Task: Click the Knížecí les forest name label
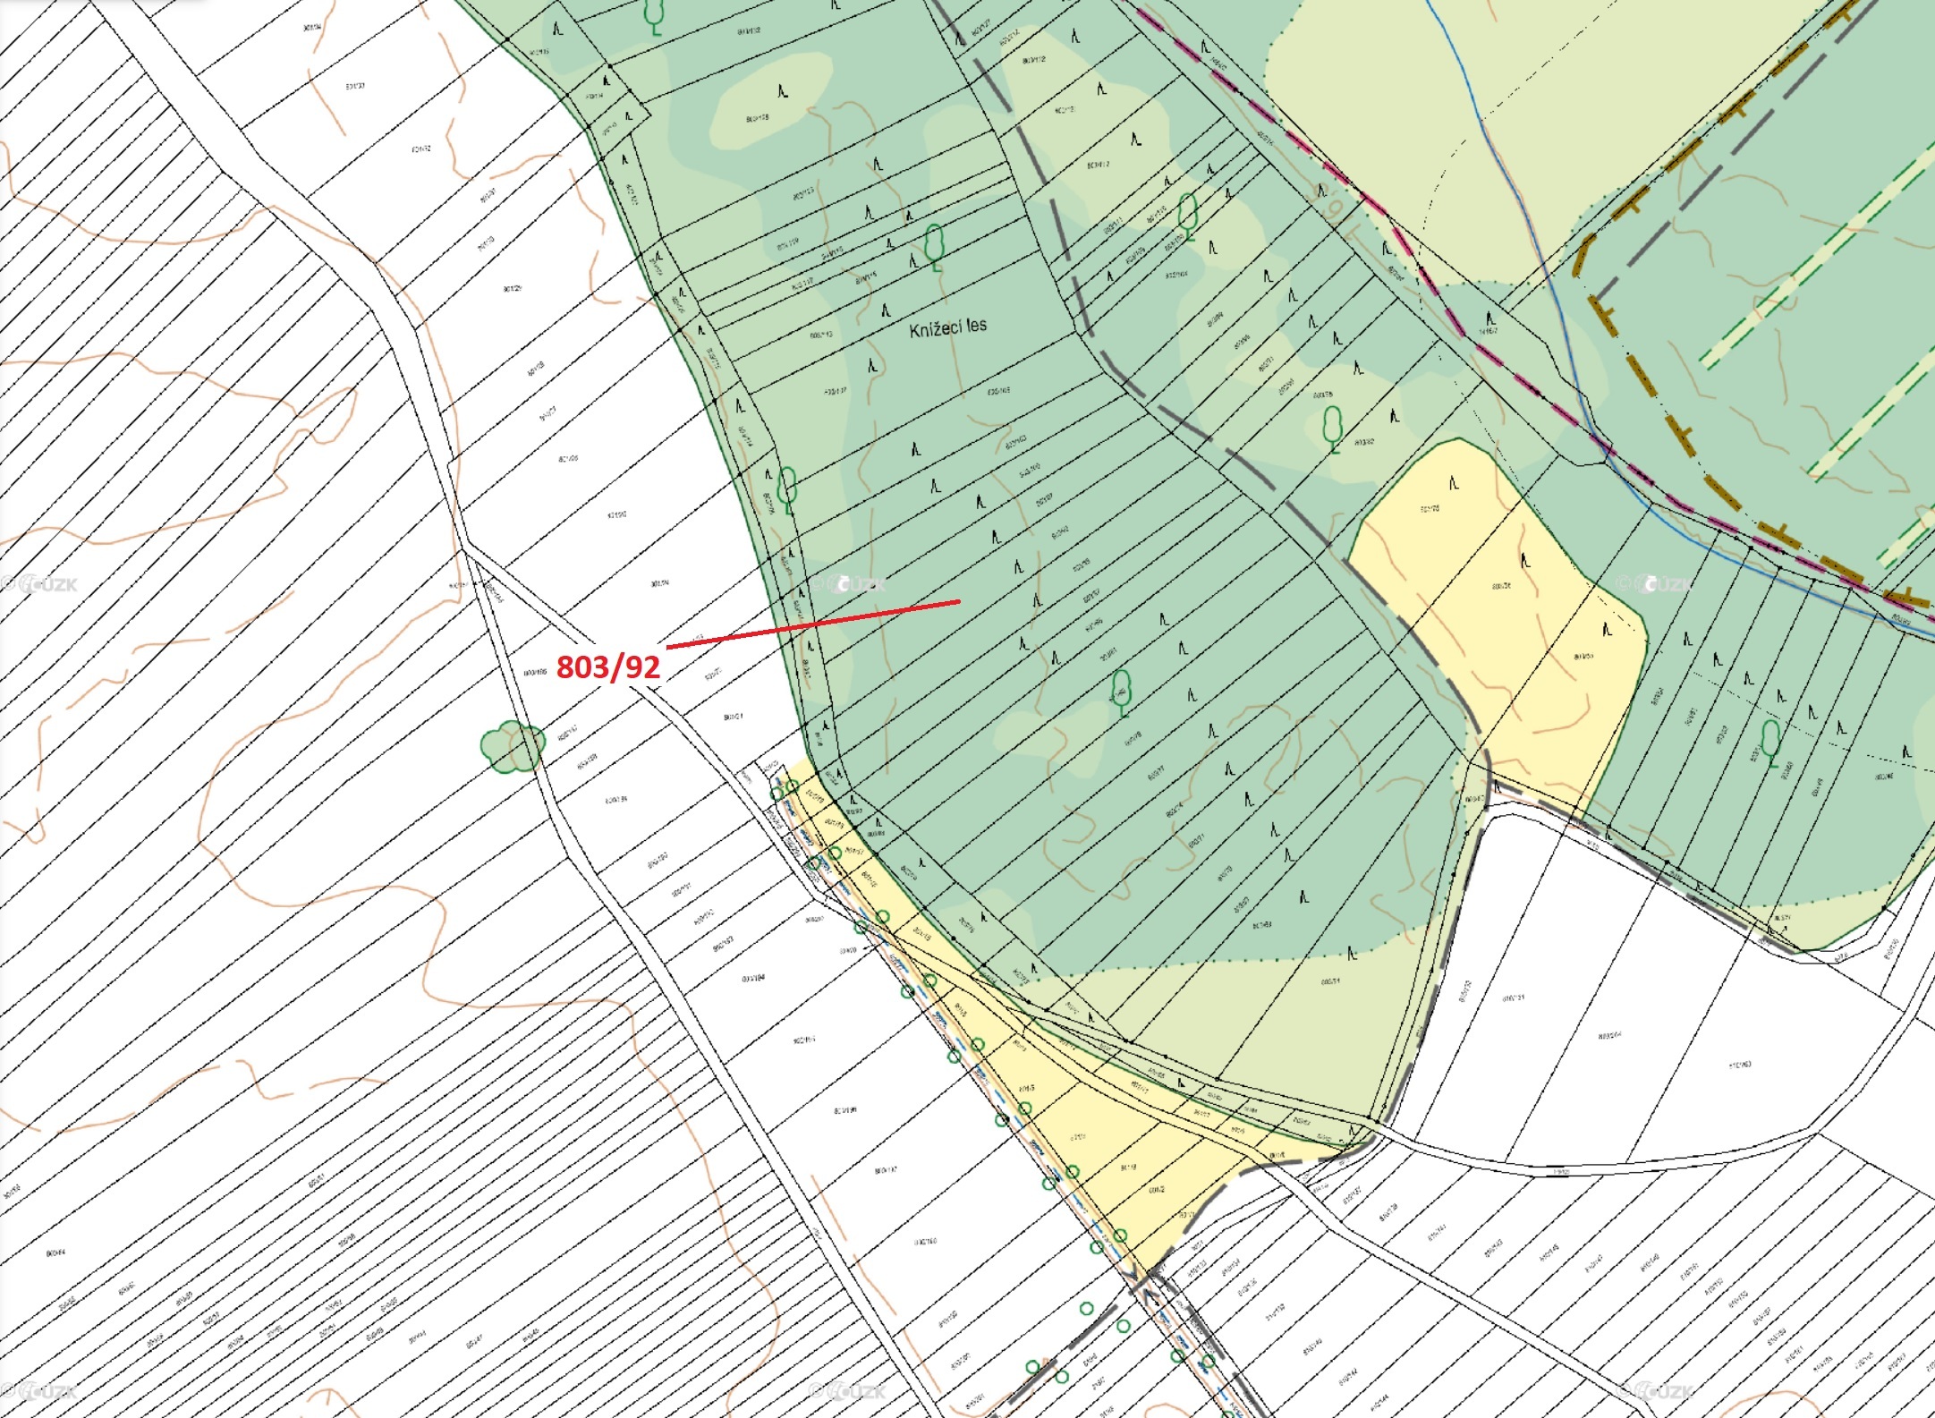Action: tap(947, 327)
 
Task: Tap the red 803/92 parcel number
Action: tap(608, 667)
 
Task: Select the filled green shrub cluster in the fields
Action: tap(513, 745)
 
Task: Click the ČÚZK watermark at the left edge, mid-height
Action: tap(40, 585)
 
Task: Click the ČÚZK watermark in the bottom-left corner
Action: tap(40, 1392)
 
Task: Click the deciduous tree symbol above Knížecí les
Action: tap(934, 246)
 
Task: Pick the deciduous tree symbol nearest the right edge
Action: tap(1770, 741)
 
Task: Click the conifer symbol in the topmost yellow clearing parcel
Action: tap(1454, 484)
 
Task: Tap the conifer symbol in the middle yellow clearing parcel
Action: tap(1525, 561)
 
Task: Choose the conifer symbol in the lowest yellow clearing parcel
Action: tap(1607, 630)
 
